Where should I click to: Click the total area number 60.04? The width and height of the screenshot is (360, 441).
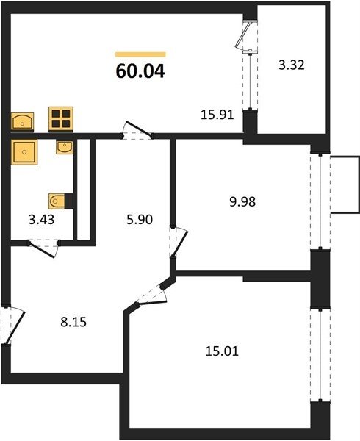coord(140,71)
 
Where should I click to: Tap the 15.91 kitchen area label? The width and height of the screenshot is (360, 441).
coord(217,115)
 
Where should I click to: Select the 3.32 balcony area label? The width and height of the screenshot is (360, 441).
coord(292,65)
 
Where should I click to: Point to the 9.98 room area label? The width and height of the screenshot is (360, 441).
coord(242,201)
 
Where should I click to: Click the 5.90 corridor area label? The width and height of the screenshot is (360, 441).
coord(140,219)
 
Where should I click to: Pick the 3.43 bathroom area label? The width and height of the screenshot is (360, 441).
coord(42,219)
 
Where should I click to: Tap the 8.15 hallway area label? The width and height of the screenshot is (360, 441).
coord(73,322)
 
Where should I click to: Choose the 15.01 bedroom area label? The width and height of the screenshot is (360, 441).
coord(222,351)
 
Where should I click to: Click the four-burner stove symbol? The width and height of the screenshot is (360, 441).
coord(61,119)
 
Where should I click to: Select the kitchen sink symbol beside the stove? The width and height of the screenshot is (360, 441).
coord(22,122)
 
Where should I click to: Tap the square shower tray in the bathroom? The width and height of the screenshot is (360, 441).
coord(24,152)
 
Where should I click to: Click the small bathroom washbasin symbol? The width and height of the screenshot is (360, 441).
coord(65,147)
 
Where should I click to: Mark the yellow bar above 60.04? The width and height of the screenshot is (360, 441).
coord(140,54)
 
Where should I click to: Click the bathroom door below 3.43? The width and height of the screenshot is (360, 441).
coord(43,248)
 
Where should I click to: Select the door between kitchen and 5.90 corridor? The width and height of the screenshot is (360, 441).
coord(137,130)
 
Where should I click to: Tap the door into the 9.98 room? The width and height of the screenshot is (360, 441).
coord(179,241)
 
